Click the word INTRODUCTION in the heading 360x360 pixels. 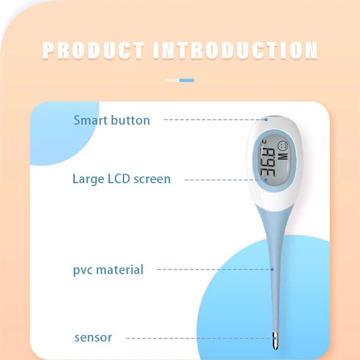(235, 51)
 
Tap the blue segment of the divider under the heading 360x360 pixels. (187, 80)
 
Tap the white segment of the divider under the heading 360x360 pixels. (173, 80)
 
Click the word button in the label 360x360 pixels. (130, 120)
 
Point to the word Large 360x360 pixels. (88, 179)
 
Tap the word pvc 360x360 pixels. (83, 270)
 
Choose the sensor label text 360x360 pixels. (93, 338)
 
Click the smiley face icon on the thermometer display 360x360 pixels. (283, 146)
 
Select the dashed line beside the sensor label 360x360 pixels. (197, 338)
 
